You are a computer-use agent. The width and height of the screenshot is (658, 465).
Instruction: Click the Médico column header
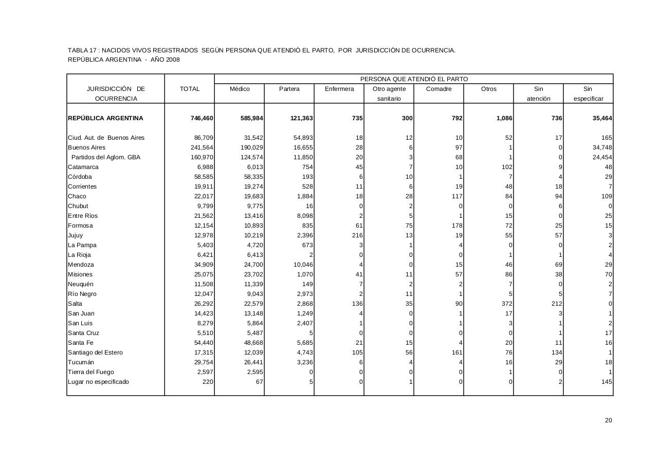[240, 89]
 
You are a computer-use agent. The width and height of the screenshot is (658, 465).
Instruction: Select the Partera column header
[289, 89]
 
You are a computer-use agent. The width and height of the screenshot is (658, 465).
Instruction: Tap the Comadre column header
[439, 89]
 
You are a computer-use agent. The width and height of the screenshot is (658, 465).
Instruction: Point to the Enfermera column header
[339, 89]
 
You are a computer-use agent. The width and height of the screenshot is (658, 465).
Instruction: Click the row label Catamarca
[83, 167]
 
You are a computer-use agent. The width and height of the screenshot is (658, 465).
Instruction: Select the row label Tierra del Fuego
[91, 372]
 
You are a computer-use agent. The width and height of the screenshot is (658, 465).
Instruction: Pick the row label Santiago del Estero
[95, 352]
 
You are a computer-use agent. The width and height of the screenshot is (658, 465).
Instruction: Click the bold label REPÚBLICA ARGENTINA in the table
[105, 118]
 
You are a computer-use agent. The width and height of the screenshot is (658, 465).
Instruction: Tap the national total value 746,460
[202, 118]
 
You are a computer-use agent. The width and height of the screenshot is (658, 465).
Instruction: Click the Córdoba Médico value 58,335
[252, 177]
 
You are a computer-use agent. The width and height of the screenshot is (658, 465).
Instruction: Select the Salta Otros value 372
[506, 304]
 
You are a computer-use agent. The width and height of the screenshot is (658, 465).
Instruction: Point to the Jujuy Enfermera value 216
[357, 235]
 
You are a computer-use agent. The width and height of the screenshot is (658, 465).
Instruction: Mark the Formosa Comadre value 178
[457, 226]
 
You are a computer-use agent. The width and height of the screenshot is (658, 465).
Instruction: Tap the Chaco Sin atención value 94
[558, 196]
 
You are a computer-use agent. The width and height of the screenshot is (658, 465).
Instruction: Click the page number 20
[609, 420]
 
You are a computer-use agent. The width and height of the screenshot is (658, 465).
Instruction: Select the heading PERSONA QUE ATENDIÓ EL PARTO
[414, 79]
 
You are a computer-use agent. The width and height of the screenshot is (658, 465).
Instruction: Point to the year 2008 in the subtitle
[173, 60]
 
